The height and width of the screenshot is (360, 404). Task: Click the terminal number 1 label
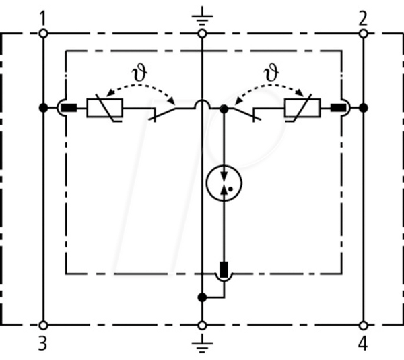43,19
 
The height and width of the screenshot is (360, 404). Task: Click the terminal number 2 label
363,19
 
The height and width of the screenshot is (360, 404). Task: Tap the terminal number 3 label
43,343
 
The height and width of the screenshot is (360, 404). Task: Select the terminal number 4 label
363,343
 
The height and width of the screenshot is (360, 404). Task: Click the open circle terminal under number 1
43,34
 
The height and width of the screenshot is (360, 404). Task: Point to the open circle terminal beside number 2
364,34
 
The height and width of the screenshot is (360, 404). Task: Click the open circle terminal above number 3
43,326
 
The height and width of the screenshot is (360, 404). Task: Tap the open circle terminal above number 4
364,326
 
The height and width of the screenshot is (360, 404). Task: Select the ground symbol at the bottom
202,344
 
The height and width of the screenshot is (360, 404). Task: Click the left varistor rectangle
104,108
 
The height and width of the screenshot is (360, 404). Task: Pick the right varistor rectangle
302,108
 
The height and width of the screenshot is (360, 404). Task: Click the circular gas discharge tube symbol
224,183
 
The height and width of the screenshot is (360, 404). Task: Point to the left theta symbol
139,73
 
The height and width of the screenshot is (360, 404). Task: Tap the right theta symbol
271,73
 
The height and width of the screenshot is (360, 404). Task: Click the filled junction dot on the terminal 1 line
43,108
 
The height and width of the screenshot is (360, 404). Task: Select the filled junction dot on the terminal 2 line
364,108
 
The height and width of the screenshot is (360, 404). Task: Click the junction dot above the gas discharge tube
224,109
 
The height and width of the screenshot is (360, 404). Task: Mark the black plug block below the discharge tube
224,270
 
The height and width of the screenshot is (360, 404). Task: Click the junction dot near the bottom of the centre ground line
202,297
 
